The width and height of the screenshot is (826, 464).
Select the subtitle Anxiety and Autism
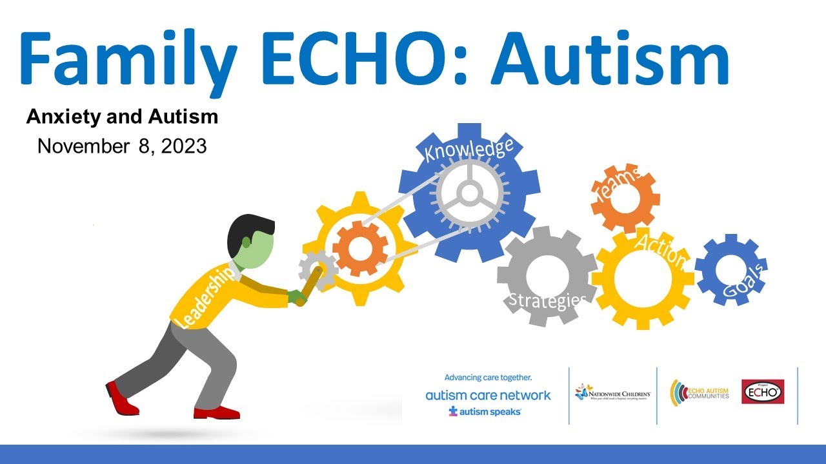(122, 117)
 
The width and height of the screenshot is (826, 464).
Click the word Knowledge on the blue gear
(468, 150)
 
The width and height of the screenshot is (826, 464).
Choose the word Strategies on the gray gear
(547, 300)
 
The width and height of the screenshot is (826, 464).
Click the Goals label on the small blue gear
(745, 282)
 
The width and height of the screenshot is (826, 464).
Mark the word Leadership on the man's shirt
(205, 297)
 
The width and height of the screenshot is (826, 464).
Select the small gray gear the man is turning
(317, 269)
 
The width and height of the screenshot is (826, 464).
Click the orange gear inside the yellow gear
(360, 247)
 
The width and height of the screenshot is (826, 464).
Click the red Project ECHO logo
(763, 391)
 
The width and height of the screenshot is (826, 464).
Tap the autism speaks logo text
(486, 411)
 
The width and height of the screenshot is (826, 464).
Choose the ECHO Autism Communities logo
(700, 392)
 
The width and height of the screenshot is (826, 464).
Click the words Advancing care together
(492, 378)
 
